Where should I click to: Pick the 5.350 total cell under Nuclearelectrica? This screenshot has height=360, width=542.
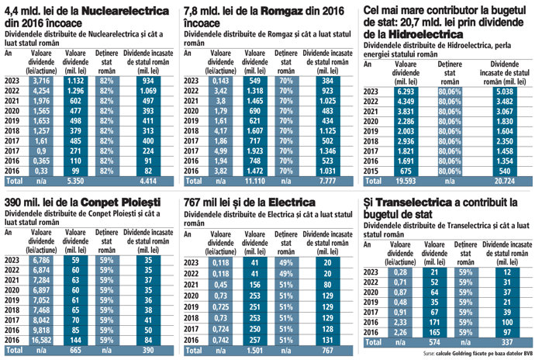point(76,180)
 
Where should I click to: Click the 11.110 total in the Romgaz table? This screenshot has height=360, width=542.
point(254,180)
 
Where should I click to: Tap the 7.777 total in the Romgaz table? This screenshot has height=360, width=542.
point(328,180)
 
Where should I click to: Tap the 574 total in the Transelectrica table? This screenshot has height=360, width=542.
point(435,341)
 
